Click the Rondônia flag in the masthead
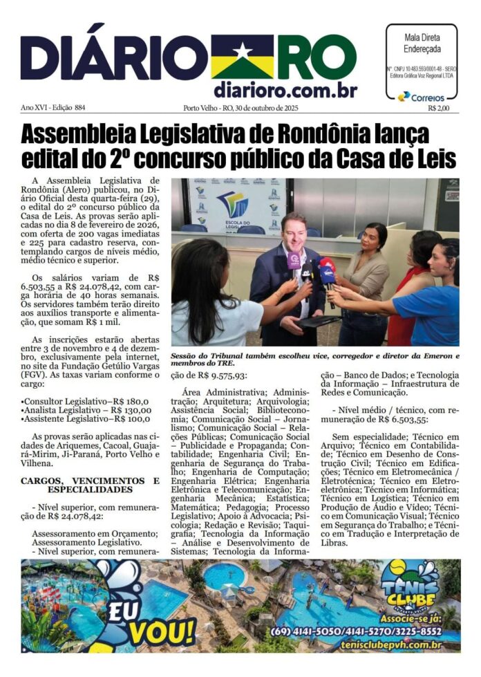(x=241, y=56)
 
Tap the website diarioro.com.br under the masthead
(x=285, y=90)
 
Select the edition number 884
(x=79, y=108)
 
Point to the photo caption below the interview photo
(x=314, y=360)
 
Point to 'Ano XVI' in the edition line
(x=37, y=108)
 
